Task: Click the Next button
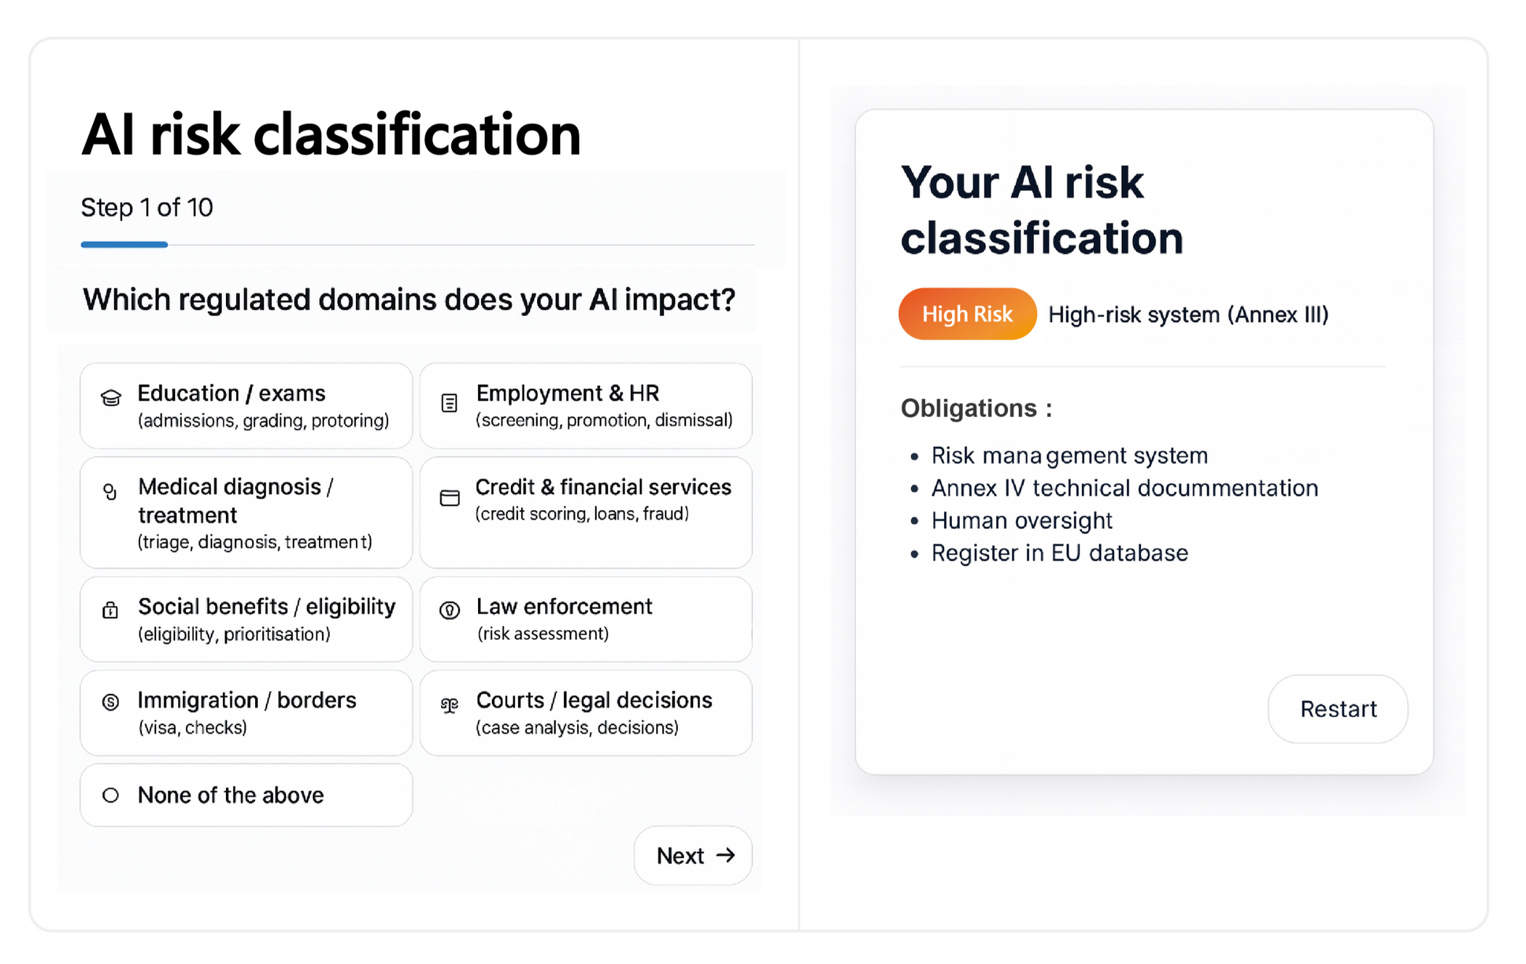[x=693, y=855]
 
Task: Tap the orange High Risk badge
[x=967, y=314]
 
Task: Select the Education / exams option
[x=246, y=405]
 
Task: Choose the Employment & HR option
[x=586, y=405]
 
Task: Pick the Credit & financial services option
[x=586, y=512]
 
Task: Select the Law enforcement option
[x=586, y=619]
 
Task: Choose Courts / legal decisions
[x=586, y=713]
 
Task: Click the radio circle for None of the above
[x=110, y=795]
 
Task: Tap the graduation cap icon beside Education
[x=110, y=397]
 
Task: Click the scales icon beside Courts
[x=450, y=705]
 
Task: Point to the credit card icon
[x=450, y=498]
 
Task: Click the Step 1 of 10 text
[x=147, y=208]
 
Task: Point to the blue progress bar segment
[x=124, y=245]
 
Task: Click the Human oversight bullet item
[x=1022, y=521]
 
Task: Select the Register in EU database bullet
[x=1059, y=554]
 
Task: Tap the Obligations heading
[x=976, y=408]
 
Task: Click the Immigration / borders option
[x=246, y=713]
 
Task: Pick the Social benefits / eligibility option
[x=246, y=619]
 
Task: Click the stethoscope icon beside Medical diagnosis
[x=110, y=492]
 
